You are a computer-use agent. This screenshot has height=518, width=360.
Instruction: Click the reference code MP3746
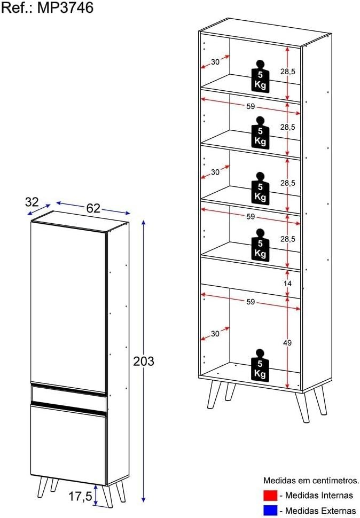click(x=65, y=7)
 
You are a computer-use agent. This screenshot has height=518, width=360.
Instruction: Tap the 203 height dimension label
click(x=144, y=362)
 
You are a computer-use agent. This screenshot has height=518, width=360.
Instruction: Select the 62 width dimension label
click(x=93, y=208)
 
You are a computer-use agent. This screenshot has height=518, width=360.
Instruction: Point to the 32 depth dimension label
click(x=32, y=202)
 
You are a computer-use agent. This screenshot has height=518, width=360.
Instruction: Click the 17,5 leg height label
click(x=80, y=496)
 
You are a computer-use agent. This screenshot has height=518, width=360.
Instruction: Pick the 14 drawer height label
click(x=287, y=284)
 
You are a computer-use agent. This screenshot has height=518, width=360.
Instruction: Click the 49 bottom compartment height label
click(x=287, y=343)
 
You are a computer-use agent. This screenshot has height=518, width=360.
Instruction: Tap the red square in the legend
click(x=270, y=496)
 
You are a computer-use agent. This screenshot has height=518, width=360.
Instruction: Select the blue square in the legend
click(x=270, y=511)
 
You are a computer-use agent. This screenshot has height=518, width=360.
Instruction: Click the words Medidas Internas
click(x=319, y=496)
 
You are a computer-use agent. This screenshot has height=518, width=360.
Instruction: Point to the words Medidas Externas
click(x=320, y=511)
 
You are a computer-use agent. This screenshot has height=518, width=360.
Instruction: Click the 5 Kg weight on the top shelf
click(x=260, y=76)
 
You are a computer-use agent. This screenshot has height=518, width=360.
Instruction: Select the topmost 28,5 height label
click(x=288, y=72)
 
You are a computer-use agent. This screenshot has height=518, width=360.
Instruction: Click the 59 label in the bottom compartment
click(x=251, y=302)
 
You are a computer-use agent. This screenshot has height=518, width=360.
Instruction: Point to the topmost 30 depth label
click(x=215, y=62)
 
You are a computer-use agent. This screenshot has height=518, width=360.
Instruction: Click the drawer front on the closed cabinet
click(x=69, y=394)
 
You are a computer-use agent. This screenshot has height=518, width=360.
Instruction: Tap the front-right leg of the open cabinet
click(x=303, y=407)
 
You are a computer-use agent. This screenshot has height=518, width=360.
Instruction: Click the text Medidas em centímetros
click(x=311, y=480)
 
